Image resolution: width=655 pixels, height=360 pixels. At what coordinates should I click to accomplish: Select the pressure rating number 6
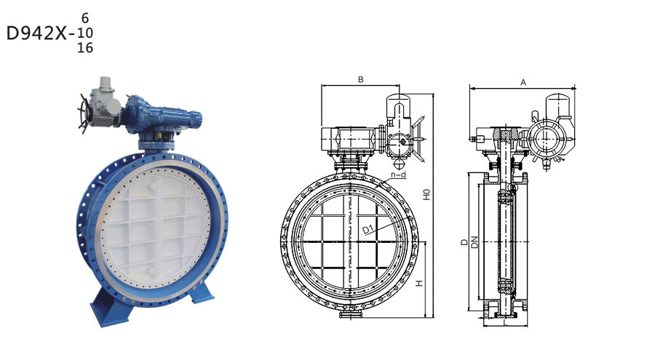85,18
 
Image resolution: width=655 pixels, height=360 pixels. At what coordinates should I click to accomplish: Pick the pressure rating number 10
85,33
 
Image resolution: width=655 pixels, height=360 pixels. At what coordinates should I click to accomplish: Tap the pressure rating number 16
85,48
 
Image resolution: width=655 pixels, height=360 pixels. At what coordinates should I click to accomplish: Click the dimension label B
361,79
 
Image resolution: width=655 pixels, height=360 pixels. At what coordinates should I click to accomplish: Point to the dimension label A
523,83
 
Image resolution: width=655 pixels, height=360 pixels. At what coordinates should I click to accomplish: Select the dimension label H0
426,195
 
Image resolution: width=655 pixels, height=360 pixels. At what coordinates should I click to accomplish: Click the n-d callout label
398,175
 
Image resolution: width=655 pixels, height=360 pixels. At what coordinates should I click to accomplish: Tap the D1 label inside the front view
368,229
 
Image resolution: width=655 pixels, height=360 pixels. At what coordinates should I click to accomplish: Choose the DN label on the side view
474,242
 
